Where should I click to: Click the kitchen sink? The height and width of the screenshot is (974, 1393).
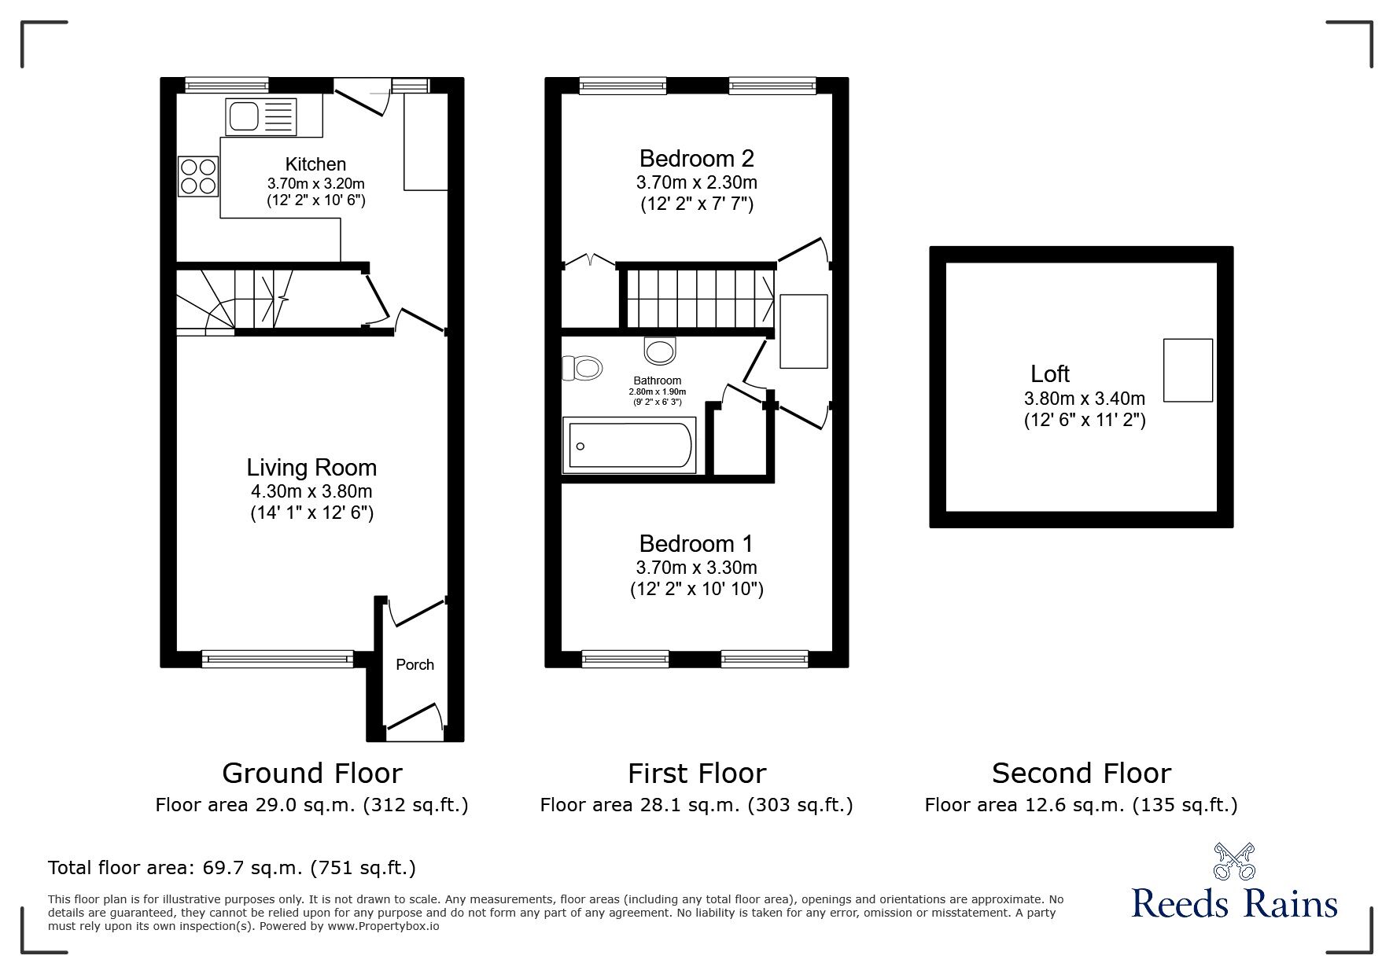[260, 116]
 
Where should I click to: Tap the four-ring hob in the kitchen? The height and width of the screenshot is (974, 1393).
[198, 176]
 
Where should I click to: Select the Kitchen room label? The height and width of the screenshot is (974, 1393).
[315, 164]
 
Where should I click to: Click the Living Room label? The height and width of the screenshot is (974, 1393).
[311, 468]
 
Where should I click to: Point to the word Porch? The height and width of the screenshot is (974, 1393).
[415, 664]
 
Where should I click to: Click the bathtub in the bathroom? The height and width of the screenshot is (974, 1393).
[629, 447]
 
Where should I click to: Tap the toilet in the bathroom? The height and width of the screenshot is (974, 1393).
[582, 367]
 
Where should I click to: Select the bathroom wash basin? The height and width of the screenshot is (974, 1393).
[659, 351]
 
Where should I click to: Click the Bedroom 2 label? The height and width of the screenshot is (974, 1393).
[697, 159]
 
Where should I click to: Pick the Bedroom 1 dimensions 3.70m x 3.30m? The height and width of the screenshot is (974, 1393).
[697, 567]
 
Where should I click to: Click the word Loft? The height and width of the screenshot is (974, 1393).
[1050, 374]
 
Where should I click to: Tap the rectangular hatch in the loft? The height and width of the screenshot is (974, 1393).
[1188, 370]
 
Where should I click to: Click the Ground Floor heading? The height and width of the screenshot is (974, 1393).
[312, 774]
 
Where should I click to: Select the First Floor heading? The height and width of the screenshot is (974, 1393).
[697, 774]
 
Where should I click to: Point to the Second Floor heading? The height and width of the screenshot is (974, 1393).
[1082, 774]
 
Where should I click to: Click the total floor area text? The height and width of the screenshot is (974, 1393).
[232, 868]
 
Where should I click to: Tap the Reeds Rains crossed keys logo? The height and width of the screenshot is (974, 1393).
[1234, 862]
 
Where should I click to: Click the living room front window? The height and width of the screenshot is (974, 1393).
[278, 659]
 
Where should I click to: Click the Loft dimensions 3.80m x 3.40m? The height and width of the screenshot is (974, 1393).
[1085, 399]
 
